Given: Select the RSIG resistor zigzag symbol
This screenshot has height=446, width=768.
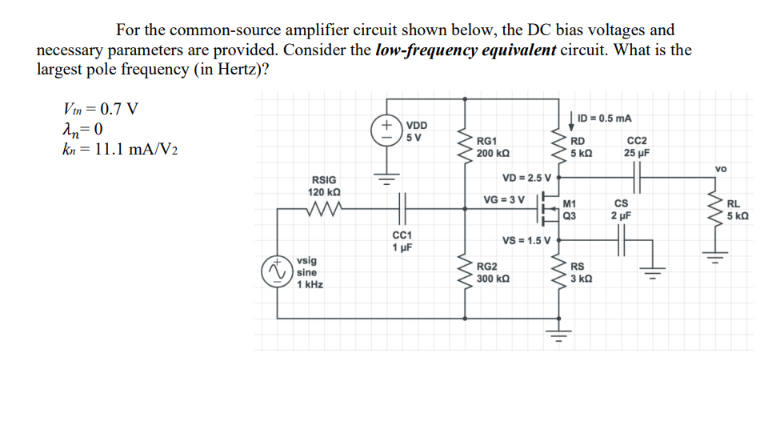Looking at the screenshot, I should pos(324,211).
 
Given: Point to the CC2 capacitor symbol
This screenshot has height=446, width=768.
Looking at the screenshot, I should pos(638,174).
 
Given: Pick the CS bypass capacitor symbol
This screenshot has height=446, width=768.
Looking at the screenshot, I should pos(621,239).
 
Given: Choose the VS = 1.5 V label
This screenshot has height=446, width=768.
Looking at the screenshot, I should pos(526,240).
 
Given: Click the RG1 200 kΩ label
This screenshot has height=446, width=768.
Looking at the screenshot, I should pos(493,147).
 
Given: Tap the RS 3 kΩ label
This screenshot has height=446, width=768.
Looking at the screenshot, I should pos(580,272).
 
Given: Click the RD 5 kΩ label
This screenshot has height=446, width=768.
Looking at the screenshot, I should pos(581,147).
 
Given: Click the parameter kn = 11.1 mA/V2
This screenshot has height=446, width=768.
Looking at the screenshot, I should pos(119,150).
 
